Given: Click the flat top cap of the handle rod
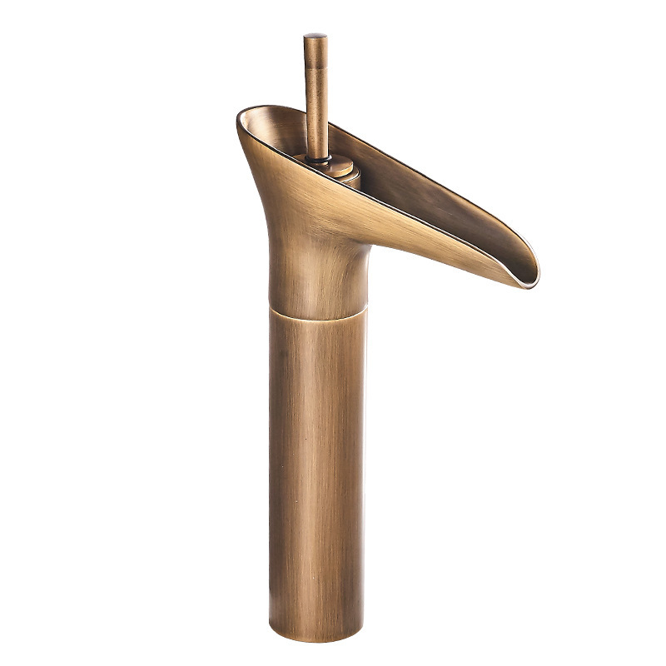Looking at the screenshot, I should pos(315,36).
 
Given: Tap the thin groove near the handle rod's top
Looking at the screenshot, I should pos(315,62).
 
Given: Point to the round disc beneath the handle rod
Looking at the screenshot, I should pos(334,166).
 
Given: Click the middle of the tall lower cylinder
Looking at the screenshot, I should pos(316,466).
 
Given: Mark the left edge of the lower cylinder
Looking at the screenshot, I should pos(271,466).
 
